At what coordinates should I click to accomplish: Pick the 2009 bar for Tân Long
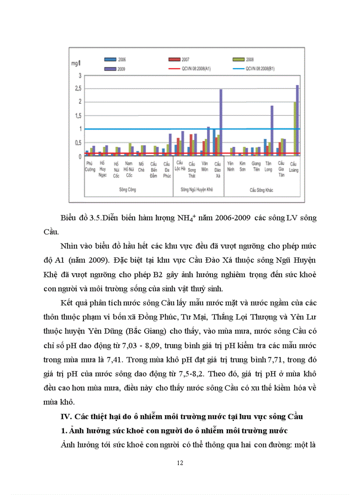pos(272,130)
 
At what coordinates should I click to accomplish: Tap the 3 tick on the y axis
pos(80,76)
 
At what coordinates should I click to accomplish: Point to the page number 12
pos(180,463)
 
